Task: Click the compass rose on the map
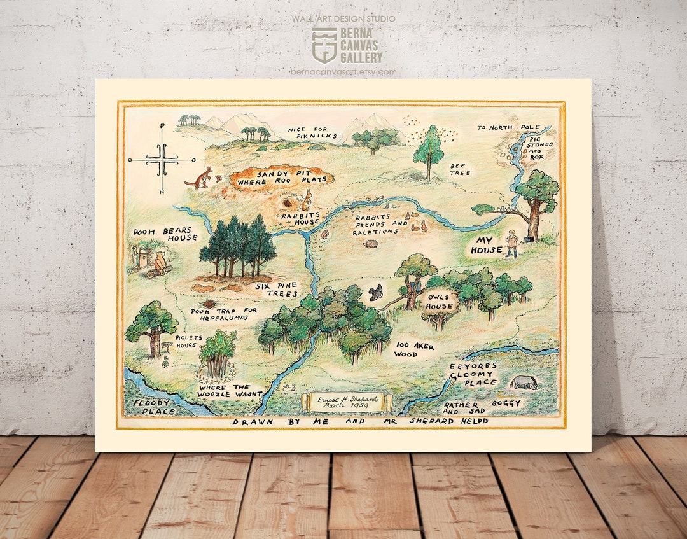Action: pyautogui.click(x=162, y=160)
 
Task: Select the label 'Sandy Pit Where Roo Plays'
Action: pyautogui.click(x=282, y=177)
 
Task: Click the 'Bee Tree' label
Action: pyautogui.click(x=461, y=169)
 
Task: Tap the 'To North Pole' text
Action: pyautogui.click(x=509, y=127)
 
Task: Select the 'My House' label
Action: pyautogui.click(x=487, y=246)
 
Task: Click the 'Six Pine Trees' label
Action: pyautogui.click(x=277, y=290)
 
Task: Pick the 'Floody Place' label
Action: pyautogui.click(x=151, y=407)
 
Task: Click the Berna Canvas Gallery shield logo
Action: pyautogui.click(x=324, y=45)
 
